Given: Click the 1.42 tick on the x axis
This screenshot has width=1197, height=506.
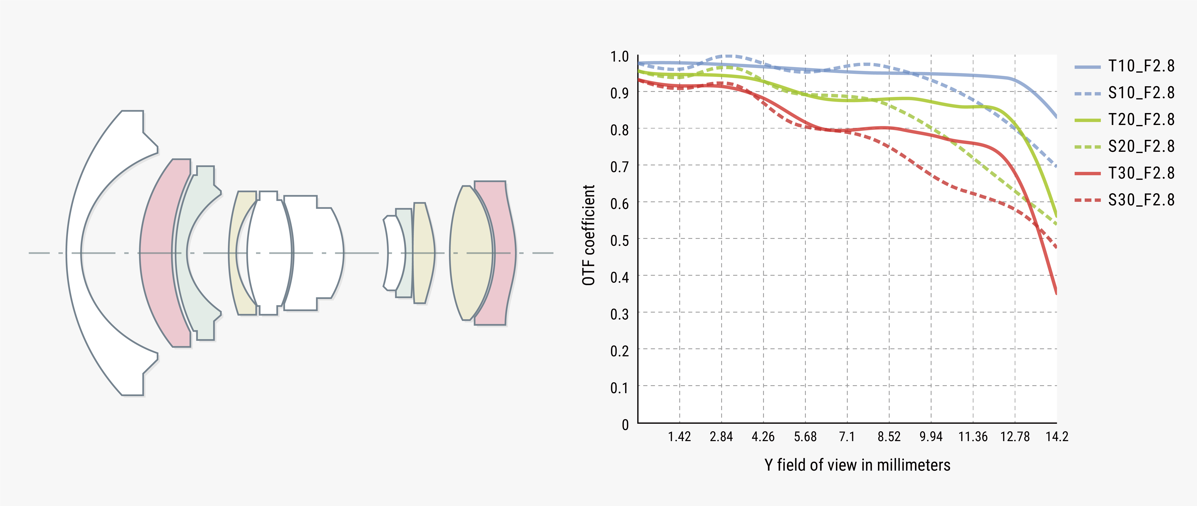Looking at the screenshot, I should [x=679, y=437].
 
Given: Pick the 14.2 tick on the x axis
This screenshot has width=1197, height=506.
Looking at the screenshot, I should [x=1057, y=437].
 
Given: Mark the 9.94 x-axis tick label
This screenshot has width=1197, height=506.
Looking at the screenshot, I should [x=931, y=437].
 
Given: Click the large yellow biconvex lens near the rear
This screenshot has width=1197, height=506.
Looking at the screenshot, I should [x=470, y=253].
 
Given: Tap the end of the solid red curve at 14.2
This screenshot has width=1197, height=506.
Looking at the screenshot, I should [x=1056, y=292].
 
